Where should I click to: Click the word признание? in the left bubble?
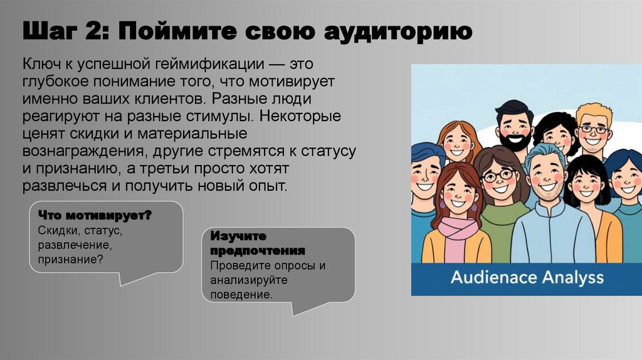pos(70,258)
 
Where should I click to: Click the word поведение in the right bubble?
pos(242,294)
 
